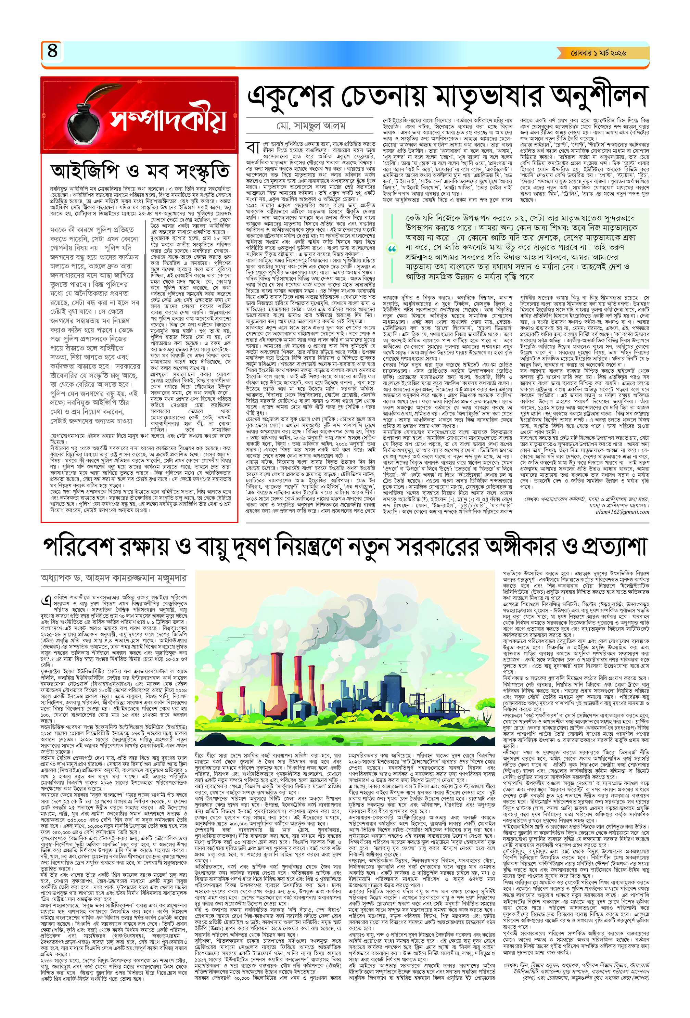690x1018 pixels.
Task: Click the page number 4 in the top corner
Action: (x=52, y=51)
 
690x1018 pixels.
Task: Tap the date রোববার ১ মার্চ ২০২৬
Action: (x=598, y=53)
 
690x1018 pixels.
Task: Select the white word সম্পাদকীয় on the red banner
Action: (x=169, y=118)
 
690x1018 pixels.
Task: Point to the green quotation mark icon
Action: (x=392, y=249)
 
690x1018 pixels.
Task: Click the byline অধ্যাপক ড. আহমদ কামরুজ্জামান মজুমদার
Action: (x=114, y=578)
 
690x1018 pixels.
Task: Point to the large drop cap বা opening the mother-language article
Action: (x=254, y=147)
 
